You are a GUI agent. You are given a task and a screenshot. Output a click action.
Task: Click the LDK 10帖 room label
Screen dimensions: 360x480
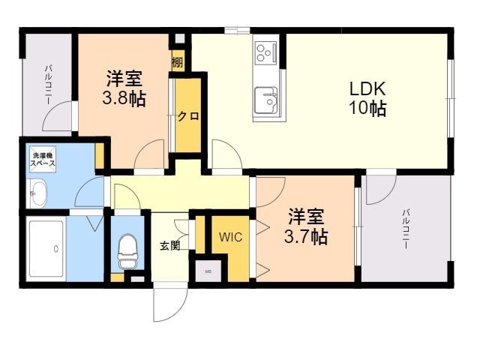click(x=367, y=98)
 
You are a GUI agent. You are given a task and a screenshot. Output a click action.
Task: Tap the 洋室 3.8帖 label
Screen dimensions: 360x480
click(x=124, y=88)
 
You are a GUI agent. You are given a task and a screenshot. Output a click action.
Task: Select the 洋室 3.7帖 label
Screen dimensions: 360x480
click(x=306, y=226)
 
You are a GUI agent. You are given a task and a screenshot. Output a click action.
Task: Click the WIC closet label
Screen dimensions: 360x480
click(x=230, y=237)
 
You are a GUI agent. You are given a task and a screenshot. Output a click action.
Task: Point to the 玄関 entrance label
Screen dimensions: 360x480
click(x=169, y=244)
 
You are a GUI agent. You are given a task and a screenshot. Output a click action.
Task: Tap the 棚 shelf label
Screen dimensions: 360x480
click(x=177, y=62)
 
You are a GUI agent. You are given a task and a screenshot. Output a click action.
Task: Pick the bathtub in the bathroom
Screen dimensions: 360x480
click(x=44, y=249)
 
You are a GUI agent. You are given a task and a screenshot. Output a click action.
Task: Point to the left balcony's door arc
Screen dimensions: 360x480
click(x=58, y=118)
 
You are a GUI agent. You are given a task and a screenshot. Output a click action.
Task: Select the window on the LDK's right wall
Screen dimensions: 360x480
click(x=451, y=97)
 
